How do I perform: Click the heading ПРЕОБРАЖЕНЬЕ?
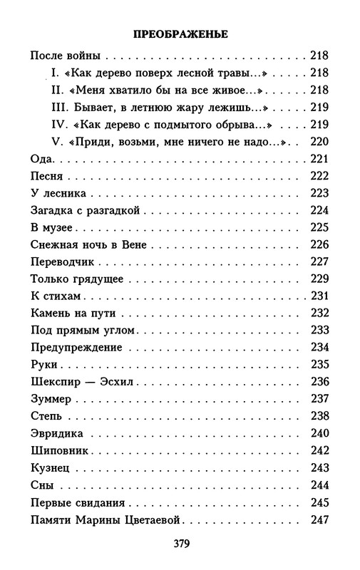[180, 33]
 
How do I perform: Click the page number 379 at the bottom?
[180, 544]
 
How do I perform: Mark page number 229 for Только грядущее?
[319, 279]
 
